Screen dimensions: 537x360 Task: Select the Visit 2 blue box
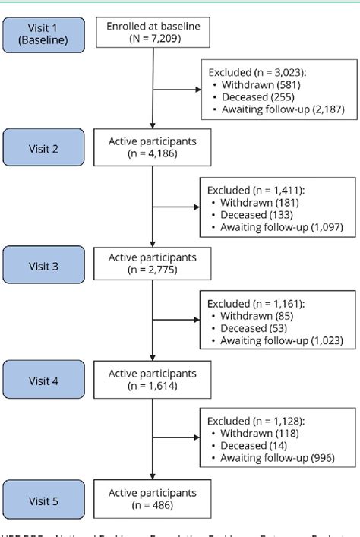(44, 149)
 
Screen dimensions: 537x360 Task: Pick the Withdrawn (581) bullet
(251, 84)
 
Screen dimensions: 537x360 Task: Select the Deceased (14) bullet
(246, 446)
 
